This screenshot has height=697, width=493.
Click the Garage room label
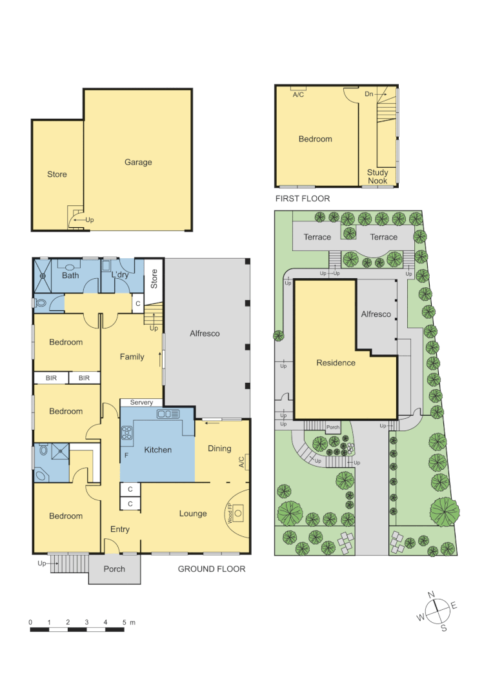(138, 162)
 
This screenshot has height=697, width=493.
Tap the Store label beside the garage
(57, 174)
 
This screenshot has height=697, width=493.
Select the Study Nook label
(377, 176)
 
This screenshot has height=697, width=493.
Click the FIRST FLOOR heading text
(302, 199)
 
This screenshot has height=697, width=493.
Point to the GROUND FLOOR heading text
(212, 569)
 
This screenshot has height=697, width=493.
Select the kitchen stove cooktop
(126, 433)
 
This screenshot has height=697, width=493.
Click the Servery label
(141, 403)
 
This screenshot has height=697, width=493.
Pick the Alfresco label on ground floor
(205, 334)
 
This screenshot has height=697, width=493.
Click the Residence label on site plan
(336, 363)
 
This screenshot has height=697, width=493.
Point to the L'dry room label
(121, 276)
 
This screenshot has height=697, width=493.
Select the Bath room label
(70, 276)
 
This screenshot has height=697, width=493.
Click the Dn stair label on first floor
(368, 94)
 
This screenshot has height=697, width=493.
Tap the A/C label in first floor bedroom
(298, 94)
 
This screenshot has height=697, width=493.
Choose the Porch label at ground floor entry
(114, 569)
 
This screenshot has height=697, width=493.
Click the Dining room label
(219, 449)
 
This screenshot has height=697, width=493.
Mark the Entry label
(120, 529)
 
